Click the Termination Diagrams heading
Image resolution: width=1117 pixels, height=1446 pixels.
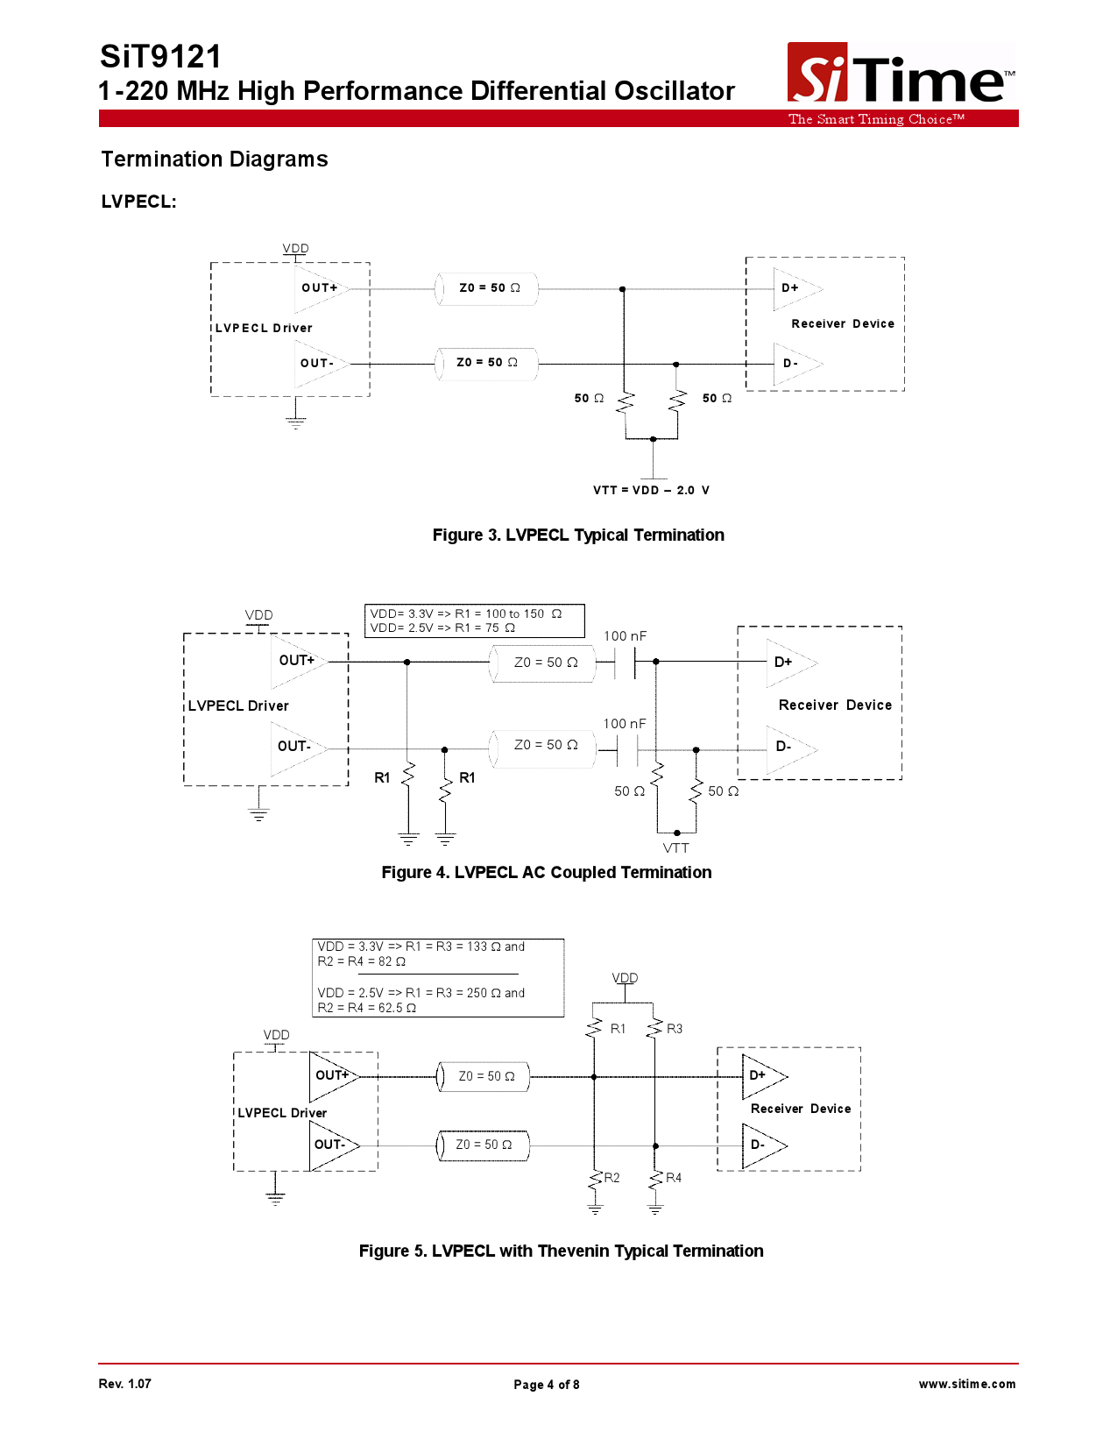(x=215, y=159)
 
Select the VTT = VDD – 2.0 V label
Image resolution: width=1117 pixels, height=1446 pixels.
(x=651, y=491)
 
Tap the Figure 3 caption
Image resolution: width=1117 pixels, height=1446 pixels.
(x=578, y=535)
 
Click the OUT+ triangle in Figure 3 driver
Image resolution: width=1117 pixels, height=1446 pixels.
(x=320, y=288)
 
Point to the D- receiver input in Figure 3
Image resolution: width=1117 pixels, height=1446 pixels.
(x=792, y=364)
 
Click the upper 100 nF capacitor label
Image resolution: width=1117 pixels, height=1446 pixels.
(x=625, y=636)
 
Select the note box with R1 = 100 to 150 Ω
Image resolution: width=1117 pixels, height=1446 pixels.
(x=474, y=620)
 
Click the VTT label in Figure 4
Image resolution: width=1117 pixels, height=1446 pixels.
(x=675, y=848)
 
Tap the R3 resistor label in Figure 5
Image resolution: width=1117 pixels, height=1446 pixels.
(x=675, y=1029)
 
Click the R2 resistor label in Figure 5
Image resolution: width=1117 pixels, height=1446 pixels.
(x=612, y=1178)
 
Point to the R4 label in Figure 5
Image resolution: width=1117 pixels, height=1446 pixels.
(x=674, y=1178)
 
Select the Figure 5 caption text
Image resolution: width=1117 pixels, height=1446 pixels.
(x=561, y=1251)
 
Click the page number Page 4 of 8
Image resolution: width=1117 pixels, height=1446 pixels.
(x=547, y=1385)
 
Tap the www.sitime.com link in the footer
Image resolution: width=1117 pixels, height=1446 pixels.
(x=967, y=1384)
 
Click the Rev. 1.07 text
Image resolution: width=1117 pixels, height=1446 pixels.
(x=125, y=1384)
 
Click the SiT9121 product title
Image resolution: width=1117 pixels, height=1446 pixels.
(x=161, y=57)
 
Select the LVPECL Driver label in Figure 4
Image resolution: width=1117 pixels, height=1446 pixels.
(x=238, y=706)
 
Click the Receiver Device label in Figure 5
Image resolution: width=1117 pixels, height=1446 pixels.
(x=801, y=1109)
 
